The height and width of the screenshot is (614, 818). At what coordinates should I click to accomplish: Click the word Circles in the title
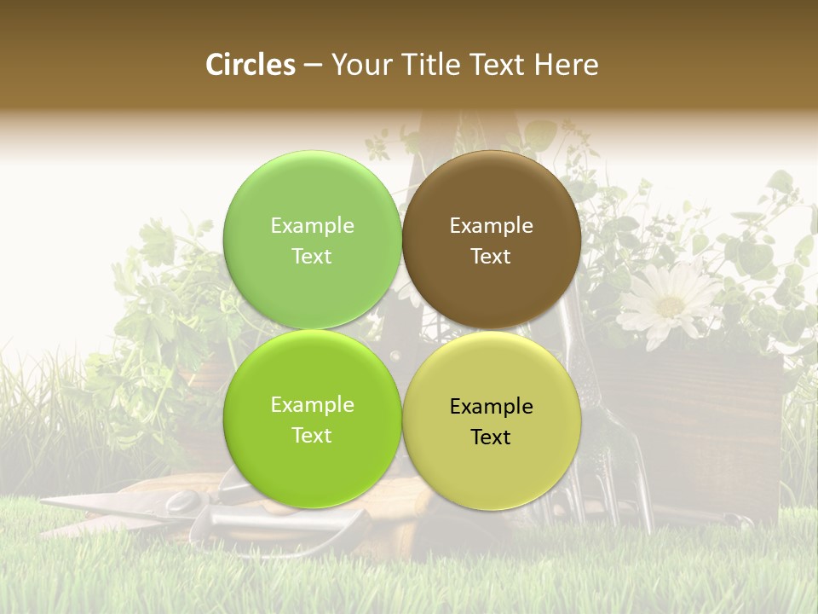(x=250, y=65)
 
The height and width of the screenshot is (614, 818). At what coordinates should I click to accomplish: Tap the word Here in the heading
(x=567, y=65)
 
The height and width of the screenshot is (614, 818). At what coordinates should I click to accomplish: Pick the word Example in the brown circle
(x=491, y=226)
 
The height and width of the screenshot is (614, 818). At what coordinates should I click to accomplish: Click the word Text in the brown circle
(x=491, y=256)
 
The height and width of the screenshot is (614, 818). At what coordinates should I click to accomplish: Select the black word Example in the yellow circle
(x=491, y=407)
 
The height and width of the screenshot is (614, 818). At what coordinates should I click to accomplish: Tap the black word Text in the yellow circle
(x=491, y=437)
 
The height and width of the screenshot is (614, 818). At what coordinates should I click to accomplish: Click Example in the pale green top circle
(x=312, y=226)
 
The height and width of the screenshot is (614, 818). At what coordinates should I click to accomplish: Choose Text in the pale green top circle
(x=312, y=256)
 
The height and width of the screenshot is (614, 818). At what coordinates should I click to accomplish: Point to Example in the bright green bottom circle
(x=312, y=405)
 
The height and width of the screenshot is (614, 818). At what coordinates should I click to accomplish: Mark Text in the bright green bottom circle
(x=312, y=435)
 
